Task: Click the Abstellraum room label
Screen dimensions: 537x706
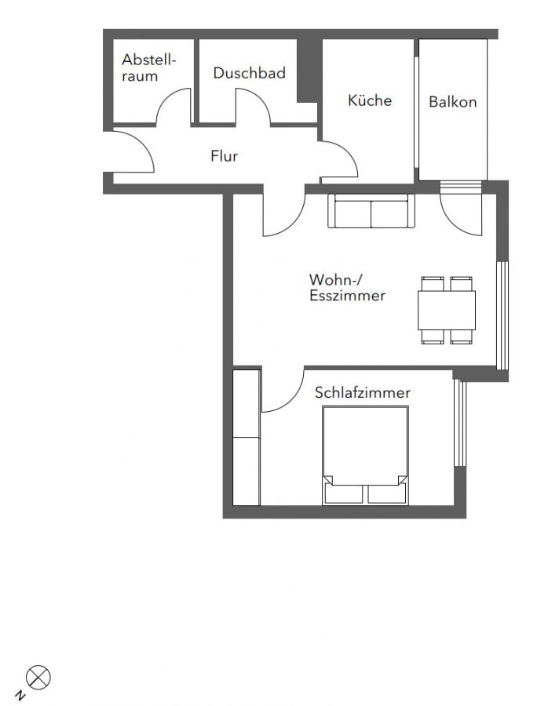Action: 148,67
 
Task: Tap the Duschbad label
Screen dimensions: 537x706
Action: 249,73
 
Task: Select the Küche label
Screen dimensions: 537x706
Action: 370,100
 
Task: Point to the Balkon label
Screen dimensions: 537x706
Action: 452,102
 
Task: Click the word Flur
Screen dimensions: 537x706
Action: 224,156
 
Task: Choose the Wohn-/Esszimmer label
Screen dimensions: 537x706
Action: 347,287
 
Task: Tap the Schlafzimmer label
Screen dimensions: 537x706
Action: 363,393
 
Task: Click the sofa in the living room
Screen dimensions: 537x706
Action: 371,211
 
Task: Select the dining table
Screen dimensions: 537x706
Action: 447,311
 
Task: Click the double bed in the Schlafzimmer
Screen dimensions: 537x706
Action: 365,455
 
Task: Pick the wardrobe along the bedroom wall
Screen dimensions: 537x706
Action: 247,438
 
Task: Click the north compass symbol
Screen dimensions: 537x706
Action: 38,678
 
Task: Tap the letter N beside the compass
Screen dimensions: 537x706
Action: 20,695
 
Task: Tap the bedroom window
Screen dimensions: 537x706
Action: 459,422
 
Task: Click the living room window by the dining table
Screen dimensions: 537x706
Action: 502,315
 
